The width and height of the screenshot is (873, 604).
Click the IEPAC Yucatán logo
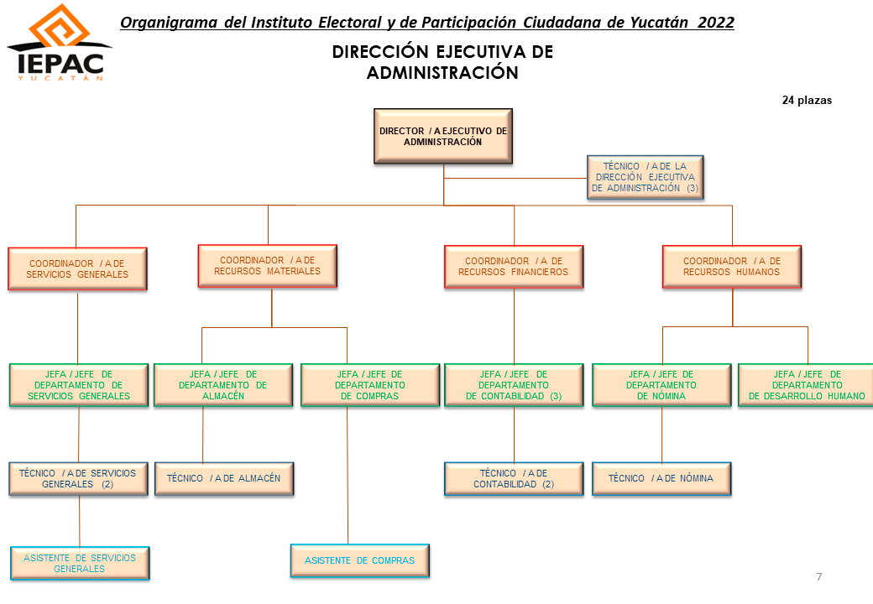[60, 43]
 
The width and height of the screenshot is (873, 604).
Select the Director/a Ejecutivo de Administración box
[443, 136]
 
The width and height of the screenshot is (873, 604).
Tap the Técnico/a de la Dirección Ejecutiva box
[646, 177]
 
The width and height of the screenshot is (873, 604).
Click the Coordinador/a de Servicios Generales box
[77, 269]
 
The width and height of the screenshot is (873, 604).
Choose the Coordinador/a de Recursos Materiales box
[268, 266]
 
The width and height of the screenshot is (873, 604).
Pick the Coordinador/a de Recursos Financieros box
[514, 267]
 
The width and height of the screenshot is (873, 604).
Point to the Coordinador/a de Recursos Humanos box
[732, 267]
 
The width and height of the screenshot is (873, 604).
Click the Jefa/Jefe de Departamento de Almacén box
[223, 385]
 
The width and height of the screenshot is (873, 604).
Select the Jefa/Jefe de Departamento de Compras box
[370, 385]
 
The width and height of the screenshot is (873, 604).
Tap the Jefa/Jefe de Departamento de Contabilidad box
[514, 385]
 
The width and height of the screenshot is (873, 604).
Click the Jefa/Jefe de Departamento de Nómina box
[662, 385]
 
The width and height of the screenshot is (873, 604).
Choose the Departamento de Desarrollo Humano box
[806, 385]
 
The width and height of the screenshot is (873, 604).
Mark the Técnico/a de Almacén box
[224, 479]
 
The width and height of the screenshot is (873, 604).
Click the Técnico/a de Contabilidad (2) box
[514, 479]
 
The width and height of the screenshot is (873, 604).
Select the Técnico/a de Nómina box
[662, 479]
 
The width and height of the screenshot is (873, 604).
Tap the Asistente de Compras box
[360, 560]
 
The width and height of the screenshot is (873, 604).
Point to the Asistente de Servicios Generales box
[80, 564]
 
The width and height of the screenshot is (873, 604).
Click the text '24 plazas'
[807, 101]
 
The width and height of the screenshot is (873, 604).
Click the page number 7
[819, 577]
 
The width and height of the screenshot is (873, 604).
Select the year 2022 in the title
[716, 23]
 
